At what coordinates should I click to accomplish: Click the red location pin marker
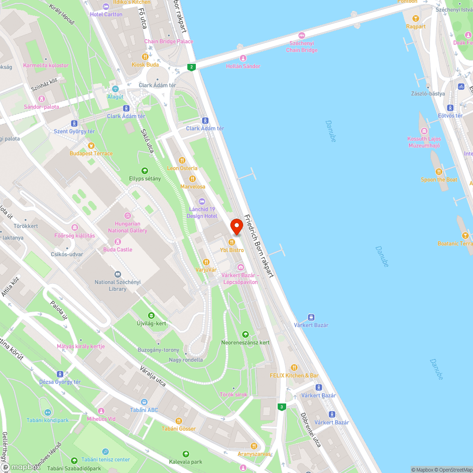pyautogui.click(x=236, y=226)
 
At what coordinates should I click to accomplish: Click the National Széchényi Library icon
pyautogui.click(x=117, y=274)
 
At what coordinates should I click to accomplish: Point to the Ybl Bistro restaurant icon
pyautogui.click(x=232, y=242)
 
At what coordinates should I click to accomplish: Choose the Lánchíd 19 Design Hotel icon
pyautogui.click(x=202, y=201)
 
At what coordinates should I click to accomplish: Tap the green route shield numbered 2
pyautogui.click(x=191, y=67)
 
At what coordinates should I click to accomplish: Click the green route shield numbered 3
pyautogui.click(x=282, y=407)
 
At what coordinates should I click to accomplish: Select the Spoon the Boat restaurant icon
pyautogui.click(x=439, y=171)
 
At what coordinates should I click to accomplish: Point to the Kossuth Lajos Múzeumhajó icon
pyautogui.click(x=424, y=131)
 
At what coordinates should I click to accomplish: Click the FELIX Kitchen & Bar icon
pyautogui.click(x=294, y=367)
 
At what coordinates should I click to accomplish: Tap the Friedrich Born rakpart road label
pyautogui.click(x=259, y=246)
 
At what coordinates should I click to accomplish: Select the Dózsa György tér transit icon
pyautogui.click(x=60, y=374)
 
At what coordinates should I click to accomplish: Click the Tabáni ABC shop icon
pyautogui.click(x=144, y=402)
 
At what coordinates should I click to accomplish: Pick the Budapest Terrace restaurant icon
pyautogui.click(x=91, y=145)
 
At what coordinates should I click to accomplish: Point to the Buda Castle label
pyautogui.click(x=118, y=249)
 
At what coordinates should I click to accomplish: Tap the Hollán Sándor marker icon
pyautogui.click(x=243, y=58)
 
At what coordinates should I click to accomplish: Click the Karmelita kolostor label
pyautogui.click(x=46, y=65)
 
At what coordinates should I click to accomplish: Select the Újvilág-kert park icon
pyautogui.click(x=151, y=315)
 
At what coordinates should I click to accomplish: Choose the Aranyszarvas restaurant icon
pyautogui.click(x=254, y=445)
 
